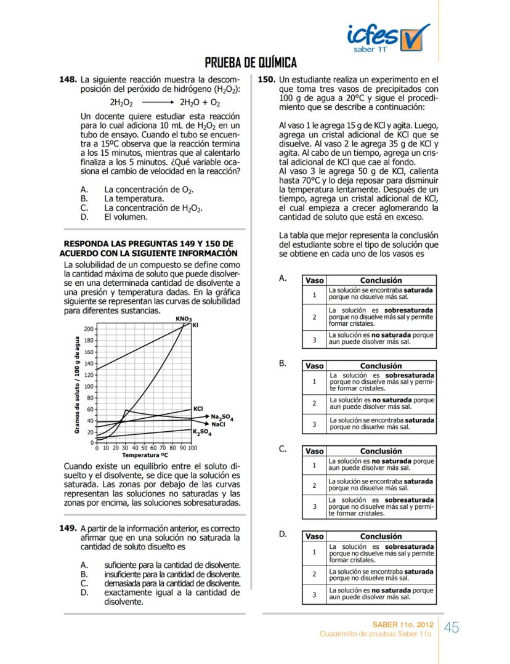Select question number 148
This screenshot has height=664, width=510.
tap(67, 80)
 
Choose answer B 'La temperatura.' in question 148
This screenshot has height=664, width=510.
tap(133, 199)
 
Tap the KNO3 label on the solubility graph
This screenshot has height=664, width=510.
tap(183, 318)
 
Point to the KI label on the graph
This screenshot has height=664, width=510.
tap(196, 325)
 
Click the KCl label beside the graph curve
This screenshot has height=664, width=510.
tap(198, 408)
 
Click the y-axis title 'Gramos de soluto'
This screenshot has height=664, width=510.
tap(78, 385)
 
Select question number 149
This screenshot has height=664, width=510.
tap(67, 528)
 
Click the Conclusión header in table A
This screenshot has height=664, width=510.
tap(381, 280)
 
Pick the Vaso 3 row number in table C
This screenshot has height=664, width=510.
tap(314, 507)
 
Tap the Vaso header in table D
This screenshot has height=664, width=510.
tap(314, 536)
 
